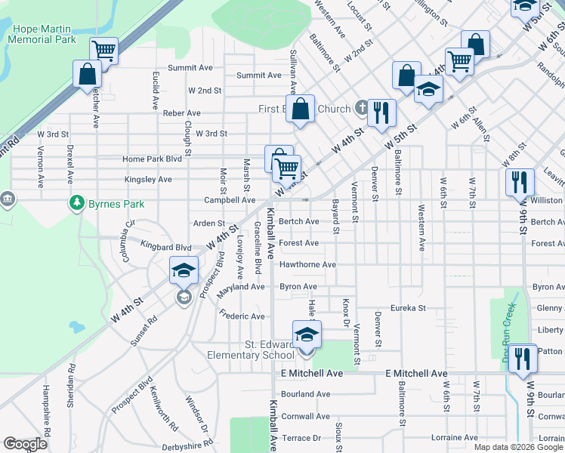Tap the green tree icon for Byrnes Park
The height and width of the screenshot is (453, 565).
pyautogui.click(x=76, y=202)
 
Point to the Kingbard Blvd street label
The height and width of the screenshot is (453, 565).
pyautogui.click(x=166, y=247)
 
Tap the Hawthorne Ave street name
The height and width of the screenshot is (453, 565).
pyautogui.click(x=307, y=265)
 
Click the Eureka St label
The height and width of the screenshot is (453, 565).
pyautogui.click(x=408, y=308)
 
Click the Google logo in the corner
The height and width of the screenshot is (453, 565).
pyautogui.click(x=25, y=444)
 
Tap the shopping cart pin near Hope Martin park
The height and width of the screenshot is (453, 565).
pyautogui.click(x=103, y=51)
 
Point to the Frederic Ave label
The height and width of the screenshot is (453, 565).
pyautogui.click(x=241, y=314)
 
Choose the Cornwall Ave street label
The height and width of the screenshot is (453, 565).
pyautogui.click(x=305, y=416)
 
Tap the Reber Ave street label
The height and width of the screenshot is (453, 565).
pyautogui.click(x=181, y=113)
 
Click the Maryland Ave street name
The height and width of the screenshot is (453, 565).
pyautogui.click(x=241, y=287)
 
